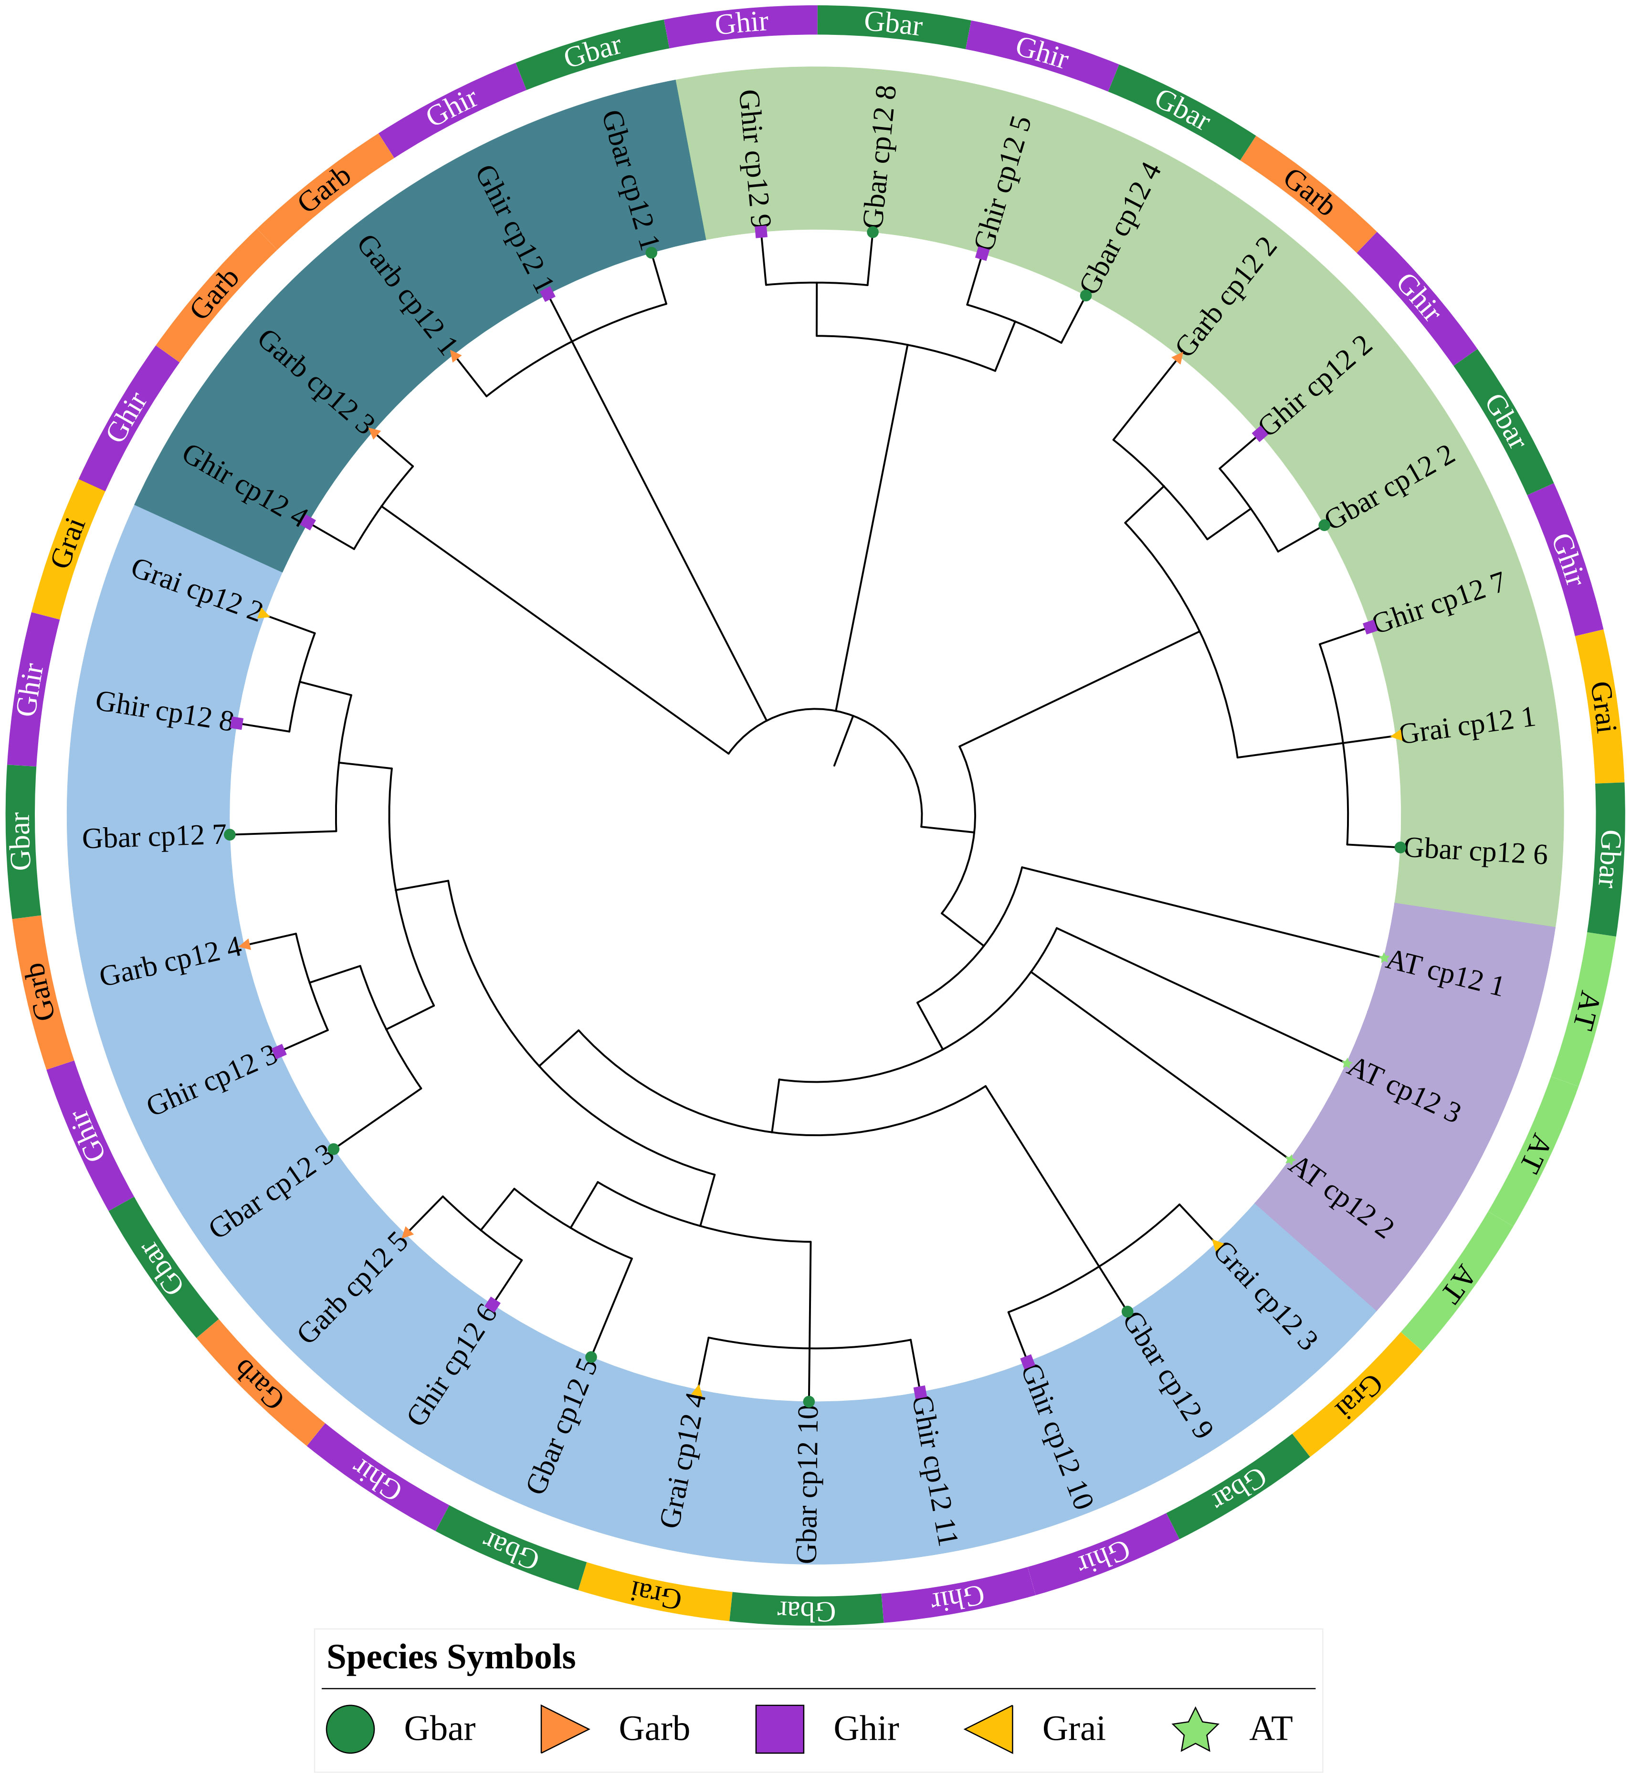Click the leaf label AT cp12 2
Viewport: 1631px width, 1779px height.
[1342, 1196]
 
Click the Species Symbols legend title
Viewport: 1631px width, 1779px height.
[451, 1657]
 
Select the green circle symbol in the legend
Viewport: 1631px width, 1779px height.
[350, 1728]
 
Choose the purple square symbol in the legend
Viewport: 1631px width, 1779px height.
[779, 1728]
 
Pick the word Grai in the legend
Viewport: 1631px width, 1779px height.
[1073, 1728]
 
